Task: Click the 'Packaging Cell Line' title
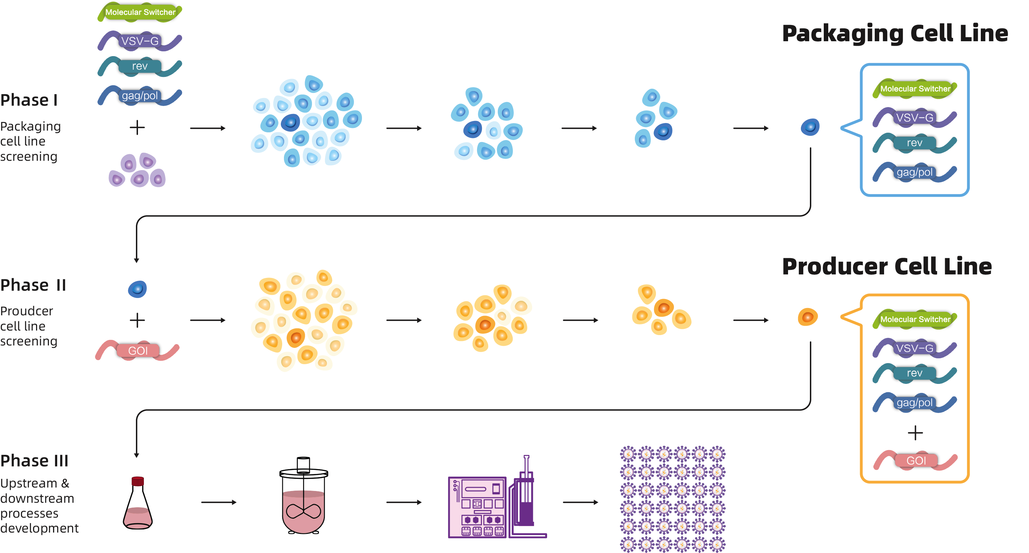tap(895, 34)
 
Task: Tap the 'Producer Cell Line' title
tap(887, 266)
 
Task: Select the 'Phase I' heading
tap(29, 100)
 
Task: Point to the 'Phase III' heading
tap(34, 460)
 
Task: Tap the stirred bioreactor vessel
tap(304, 495)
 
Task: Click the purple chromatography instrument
tap(497, 497)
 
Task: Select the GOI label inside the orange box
tap(916, 460)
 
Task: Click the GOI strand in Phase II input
tap(137, 351)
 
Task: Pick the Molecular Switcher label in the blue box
tap(915, 89)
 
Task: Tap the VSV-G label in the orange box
tap(915, 348)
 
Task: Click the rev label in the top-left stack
tap(140, 66)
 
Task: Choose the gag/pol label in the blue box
tap(915, 172)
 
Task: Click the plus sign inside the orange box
tap(915, 433)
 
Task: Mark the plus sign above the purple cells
tap(137, 128)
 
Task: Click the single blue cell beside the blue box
tap(810, 127)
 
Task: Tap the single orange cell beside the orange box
tap(808, 317)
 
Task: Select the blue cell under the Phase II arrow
tap(137, 289)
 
